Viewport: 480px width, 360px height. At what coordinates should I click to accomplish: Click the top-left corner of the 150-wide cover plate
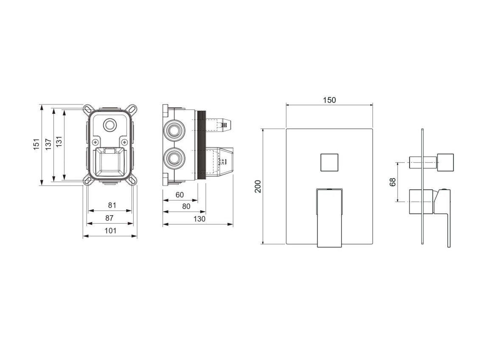(286, 129)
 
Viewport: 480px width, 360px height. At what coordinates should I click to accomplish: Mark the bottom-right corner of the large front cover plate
(373, 244)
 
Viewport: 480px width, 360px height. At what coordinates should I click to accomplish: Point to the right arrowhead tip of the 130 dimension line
(233, 225)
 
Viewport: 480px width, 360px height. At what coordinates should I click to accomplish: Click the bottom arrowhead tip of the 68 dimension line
(398, 202)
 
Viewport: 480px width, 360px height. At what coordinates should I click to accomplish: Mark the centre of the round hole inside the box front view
(109, 125)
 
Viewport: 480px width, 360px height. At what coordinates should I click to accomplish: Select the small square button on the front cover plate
(329, 162)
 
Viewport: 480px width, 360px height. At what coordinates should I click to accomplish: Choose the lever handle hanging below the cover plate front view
(329, 218)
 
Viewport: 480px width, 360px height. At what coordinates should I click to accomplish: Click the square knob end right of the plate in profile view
(445, 162)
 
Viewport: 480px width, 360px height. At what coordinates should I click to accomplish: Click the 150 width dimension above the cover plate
(329, 100)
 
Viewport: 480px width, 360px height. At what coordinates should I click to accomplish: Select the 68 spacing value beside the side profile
(393, 182)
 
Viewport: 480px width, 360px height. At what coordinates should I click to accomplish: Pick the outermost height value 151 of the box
(37, 144)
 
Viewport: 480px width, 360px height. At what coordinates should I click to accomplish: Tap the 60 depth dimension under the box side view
(180, 195)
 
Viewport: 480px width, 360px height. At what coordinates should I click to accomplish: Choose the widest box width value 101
(110, 231)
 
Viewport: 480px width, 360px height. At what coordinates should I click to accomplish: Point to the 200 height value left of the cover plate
(258, 186)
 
